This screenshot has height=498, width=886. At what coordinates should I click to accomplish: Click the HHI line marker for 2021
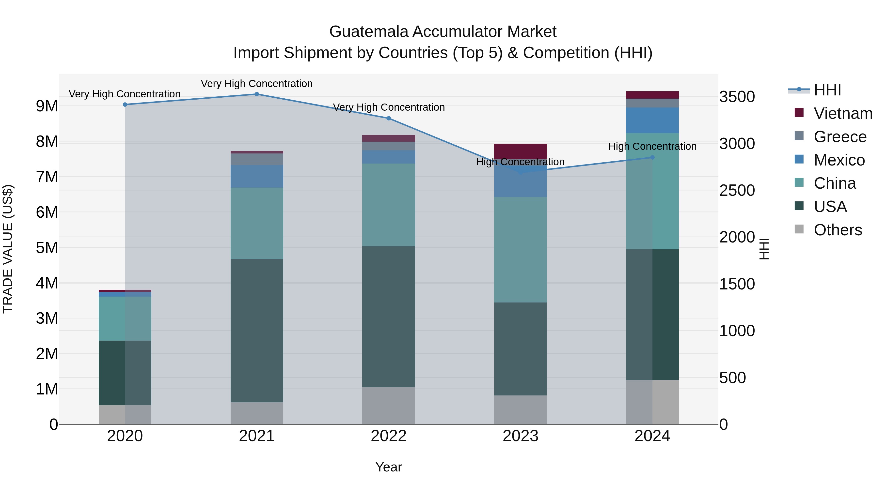pyautogui.click(x=257, y=94)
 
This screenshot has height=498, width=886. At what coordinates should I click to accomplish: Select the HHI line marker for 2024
pyautogui.click(x=652, y=157)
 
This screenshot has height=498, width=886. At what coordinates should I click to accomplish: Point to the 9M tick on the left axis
pyautogui.click(x=47, y=106)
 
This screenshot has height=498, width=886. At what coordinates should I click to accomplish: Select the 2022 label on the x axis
pyautogui.click(x=389, y=436)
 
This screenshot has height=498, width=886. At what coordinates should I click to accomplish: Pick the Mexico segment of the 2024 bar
pyautogui.click(x=652, y=120)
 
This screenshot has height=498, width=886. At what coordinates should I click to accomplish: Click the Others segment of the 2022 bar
pyautogui.click(x=389, y=406)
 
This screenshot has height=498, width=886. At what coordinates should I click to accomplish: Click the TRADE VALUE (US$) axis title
pyautogui.click(x=8, y=249)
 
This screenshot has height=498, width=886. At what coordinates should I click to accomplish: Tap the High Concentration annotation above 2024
pyautogui.click(x=652, y=146)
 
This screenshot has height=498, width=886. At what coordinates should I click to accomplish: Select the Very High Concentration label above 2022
pyautogui.click(x=389, y=107)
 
